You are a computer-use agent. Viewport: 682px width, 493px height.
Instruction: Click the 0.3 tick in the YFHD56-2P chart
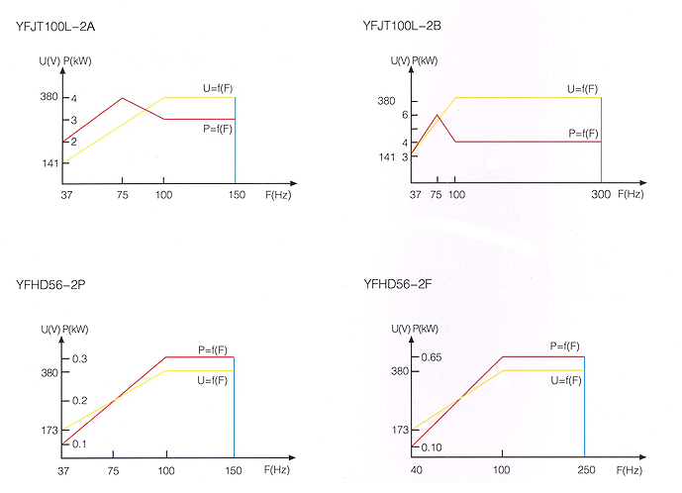(78, 357)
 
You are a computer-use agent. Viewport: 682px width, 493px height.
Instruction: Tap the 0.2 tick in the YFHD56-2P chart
(78, 400)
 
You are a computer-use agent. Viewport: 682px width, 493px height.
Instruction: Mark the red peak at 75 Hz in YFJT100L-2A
(122, 98)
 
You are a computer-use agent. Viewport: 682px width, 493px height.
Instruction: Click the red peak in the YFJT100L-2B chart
(437, 115)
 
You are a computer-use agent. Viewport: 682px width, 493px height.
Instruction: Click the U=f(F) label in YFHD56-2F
(563, 380)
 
